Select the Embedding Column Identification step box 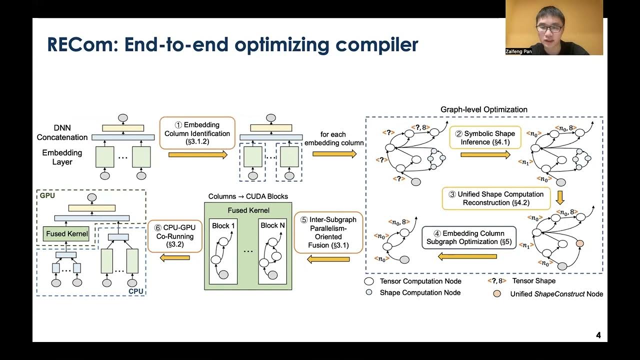[197, 133]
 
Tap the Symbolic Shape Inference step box [484, 137]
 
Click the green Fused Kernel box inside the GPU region [67, 233]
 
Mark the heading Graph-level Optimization [483, 109]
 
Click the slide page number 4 [598, 335]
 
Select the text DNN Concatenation [62, 133]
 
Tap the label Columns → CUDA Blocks [248, 196]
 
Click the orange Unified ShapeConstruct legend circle [496, 293]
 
